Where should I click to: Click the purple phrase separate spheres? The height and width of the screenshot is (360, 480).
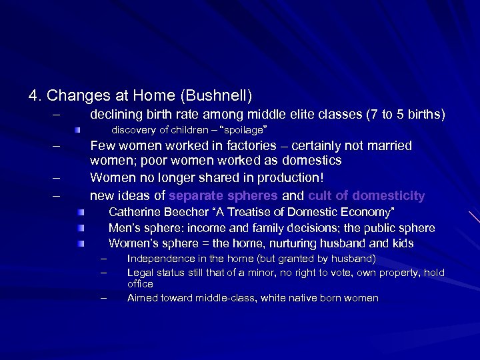(224, 195)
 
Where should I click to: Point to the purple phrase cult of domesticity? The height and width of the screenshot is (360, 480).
(366, 195)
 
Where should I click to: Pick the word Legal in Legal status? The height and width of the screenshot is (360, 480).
(139, 272)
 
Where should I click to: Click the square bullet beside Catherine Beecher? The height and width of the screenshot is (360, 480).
(79, 213)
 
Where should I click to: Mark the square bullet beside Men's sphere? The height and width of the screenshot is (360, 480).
(79, 229)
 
